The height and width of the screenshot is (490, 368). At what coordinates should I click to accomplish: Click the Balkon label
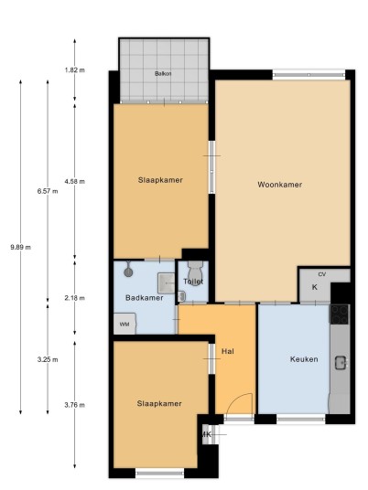click(x=163, y=74)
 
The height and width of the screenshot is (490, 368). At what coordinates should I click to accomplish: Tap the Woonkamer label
click(x=280, y=185)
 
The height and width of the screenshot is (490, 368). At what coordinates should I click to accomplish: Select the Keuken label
click(x=304, y=359)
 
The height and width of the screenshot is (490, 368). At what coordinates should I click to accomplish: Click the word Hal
click(x=228, y=351)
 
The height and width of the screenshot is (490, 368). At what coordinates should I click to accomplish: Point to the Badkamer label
click(x=145, y=297)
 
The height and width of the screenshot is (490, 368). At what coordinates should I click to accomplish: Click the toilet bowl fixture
click(x=195, y=270)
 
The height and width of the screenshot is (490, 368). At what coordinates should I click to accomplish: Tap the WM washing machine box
click(x=124, y=324)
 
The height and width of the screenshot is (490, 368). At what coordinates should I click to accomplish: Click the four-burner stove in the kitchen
click(x=340, y=314)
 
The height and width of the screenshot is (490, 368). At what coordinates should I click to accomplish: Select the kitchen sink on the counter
click(x=341, y=363)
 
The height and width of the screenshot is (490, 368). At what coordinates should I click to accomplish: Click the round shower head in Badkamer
click(x=128, y=272)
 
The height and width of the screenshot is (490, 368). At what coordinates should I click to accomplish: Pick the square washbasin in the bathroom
click(x=167, y=283)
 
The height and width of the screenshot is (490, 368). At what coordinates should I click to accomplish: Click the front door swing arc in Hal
click(x=239, y=399)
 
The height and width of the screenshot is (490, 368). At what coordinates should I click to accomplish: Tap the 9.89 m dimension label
click(x=21, y=247)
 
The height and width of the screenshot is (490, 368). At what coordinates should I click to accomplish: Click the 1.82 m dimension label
click(x=74, y=70)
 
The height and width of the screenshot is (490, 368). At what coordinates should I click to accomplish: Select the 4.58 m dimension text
click(x=74, y=181)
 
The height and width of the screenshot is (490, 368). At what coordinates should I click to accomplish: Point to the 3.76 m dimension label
click(x=74, y=405)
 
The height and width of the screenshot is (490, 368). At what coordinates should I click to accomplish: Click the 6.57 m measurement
click(x=48, y=191)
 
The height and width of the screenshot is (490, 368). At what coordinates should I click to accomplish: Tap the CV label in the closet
click(x=322, y=274)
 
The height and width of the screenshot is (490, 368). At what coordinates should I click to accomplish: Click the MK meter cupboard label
click(x=206, y=434)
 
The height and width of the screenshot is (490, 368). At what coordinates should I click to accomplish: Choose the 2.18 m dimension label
click(x=74, y=298)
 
